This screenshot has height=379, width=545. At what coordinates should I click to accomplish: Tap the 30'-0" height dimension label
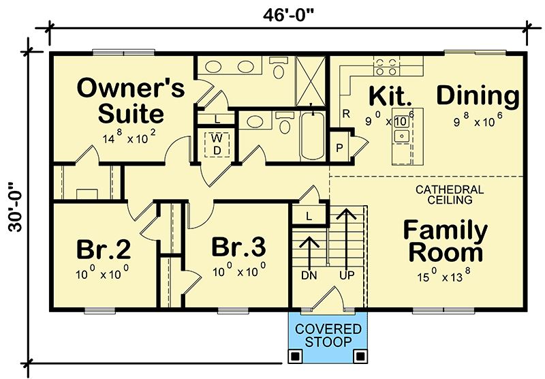pos(15,207)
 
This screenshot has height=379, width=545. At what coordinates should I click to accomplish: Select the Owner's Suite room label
pos(131,100)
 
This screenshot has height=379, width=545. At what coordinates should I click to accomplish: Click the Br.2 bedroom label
pos(104,249)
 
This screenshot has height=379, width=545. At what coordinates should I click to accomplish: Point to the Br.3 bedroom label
pos(239,247)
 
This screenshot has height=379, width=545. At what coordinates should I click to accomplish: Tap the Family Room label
pos(446,240)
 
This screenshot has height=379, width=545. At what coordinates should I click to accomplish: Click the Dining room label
pos(478,95)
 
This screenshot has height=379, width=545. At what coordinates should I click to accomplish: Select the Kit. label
pos(390,95)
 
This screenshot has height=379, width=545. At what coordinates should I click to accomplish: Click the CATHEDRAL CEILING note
pos(450,195)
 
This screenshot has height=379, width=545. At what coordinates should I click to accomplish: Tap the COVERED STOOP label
pos(328,335)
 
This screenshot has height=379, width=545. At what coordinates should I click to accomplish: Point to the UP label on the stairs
pos(347,275)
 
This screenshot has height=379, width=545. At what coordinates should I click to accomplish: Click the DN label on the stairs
pos(309,275)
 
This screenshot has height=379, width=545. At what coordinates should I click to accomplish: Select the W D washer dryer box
pos(217,145)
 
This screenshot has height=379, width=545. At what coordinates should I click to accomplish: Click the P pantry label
pos(339,148)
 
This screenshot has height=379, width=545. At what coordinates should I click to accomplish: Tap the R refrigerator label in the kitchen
pos(346,113)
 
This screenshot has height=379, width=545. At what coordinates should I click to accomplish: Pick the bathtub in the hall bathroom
pos(313,136)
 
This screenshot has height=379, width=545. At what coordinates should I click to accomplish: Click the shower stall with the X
pos(311,80)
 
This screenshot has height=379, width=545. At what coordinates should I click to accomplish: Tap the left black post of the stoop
pos(295,356)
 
